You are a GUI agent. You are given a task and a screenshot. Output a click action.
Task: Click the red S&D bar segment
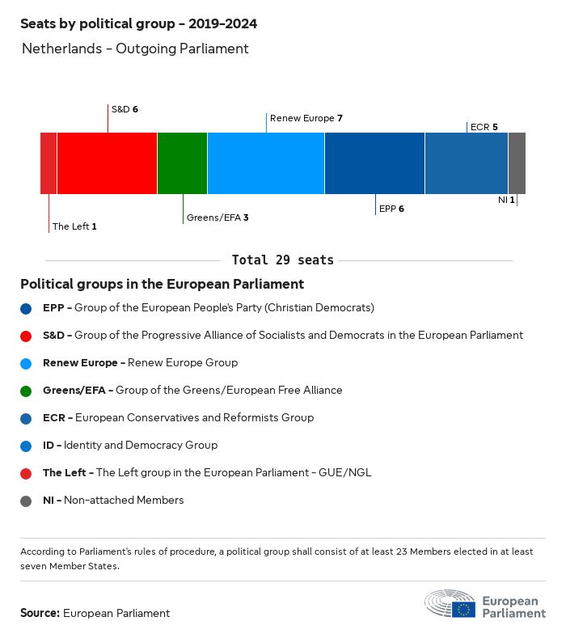(107, 163)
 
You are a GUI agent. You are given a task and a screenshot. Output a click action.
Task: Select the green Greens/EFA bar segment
(182, 163)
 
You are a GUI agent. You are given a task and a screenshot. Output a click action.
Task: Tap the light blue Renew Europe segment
(265, 163)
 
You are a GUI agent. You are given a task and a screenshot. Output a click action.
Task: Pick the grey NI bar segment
(517, 163)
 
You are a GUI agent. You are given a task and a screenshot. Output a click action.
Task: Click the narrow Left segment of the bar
(49, 163)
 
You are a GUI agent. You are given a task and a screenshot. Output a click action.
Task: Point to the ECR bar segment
(466, 163)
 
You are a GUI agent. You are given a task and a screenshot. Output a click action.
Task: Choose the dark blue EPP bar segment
(374, 163)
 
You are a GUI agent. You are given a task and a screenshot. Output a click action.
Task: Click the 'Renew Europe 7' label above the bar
(306, 118)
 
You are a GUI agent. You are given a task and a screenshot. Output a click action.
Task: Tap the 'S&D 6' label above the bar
(125, 108)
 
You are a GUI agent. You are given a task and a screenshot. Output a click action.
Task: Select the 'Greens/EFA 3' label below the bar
(218, 218)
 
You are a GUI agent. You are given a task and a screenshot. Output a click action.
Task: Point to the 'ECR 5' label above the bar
(484, 127)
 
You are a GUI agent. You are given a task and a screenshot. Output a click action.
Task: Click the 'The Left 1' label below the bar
(74, 226)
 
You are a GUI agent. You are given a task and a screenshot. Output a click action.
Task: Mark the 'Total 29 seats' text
(282, 260)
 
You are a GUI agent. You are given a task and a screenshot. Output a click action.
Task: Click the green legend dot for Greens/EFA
(27, 391)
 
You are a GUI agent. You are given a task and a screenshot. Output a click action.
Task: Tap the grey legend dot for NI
(27, 501)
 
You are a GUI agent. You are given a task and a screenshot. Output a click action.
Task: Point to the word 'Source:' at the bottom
(40, 613)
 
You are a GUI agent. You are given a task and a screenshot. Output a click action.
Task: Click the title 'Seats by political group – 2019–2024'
(138, 23)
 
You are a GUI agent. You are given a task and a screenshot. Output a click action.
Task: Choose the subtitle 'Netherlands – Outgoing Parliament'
(135, 49)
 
